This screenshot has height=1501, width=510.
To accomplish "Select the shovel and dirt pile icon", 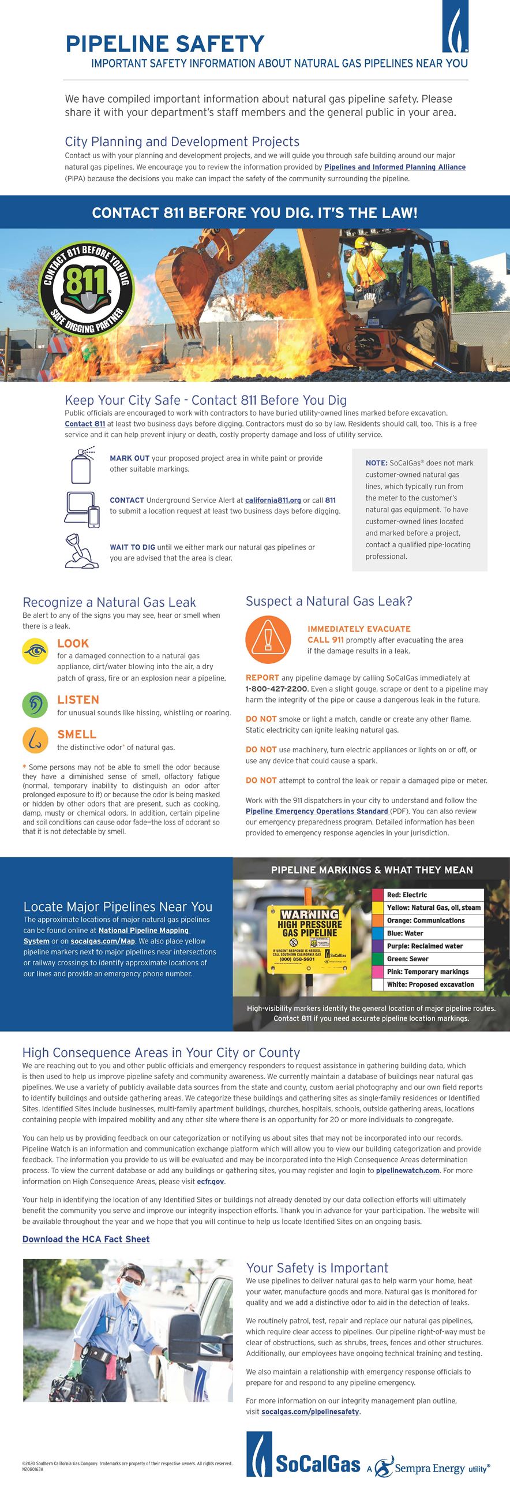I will [x=81, y=551].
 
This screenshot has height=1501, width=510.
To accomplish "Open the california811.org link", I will [x=272, y=501].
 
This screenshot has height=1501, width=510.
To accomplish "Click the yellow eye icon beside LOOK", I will [x=35, y=651].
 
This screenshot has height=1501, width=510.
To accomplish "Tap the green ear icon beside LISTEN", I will [x=35, y=705].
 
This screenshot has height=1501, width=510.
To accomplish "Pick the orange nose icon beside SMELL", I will [x=35, y=740].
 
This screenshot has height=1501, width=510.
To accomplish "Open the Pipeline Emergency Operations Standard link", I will [x=317, y=811].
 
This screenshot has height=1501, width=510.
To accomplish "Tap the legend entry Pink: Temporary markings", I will [x=427, y=972].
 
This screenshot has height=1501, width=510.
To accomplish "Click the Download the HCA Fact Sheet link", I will [x=86, y=1239].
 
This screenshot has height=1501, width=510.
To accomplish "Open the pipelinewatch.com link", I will [x=407, y=1171].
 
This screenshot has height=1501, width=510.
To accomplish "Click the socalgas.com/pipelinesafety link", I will [x=310, y=1412].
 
